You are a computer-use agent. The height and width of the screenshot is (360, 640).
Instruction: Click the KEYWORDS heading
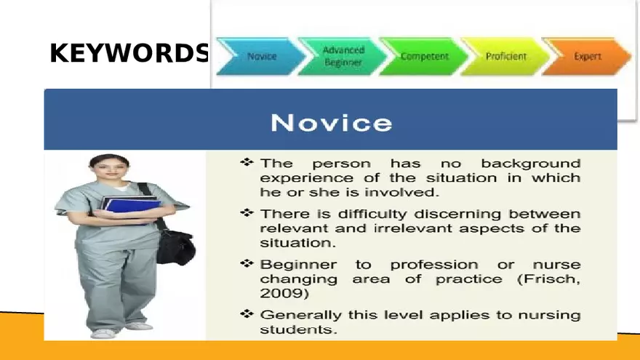[129, 54]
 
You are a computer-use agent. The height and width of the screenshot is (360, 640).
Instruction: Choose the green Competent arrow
[424, 57]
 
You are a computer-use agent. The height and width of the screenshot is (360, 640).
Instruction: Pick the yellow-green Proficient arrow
[505, 57]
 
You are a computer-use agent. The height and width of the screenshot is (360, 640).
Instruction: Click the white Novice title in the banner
[331, 121]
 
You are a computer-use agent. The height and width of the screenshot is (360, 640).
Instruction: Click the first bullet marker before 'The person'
[247, 162]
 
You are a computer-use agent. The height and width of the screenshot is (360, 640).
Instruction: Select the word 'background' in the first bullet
[530, 163]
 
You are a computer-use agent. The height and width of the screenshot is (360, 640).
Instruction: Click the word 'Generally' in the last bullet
[299, 315]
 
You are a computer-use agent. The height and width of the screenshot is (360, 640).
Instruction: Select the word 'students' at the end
[297, 329]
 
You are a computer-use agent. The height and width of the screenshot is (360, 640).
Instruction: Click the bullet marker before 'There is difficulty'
[247, 213]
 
